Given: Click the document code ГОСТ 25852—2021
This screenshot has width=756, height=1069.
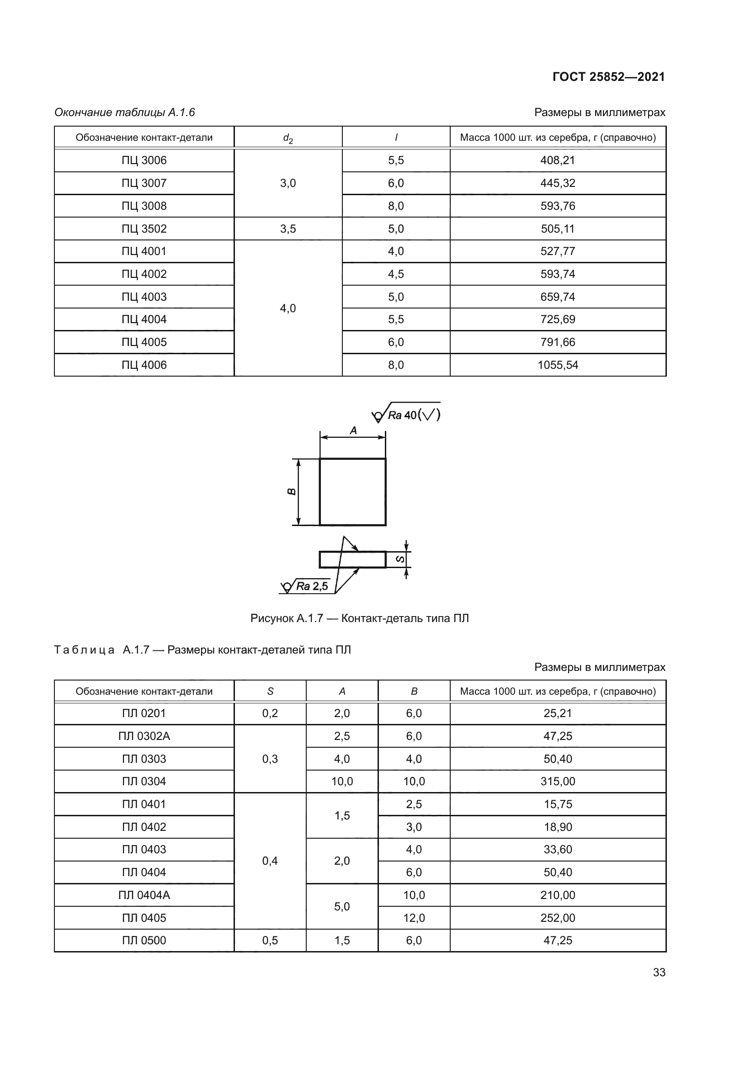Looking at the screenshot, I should point(608,77).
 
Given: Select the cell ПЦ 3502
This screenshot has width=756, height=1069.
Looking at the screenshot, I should point(144,229).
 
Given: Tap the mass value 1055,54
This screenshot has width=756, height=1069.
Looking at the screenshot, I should point(558,365).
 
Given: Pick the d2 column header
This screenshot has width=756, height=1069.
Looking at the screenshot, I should point(288,138).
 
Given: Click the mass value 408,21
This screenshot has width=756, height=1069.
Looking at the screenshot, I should point(558,160).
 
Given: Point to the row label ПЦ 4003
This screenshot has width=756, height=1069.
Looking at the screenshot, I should point(144,297).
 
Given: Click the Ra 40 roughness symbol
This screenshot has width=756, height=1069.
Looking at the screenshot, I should point(406,415).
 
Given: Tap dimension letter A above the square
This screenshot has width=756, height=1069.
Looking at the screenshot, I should point(353,431).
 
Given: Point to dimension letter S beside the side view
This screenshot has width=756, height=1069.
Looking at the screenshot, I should point(400,559).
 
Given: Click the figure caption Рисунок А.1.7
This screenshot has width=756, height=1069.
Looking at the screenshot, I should point(359,618).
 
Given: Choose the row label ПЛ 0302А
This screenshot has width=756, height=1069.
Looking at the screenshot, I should point(144,736).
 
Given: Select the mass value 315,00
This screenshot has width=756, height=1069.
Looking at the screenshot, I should point(558,781).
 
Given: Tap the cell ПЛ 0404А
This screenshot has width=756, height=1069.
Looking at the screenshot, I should point(144,895).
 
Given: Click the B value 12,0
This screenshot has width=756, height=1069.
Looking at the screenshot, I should point(414,918).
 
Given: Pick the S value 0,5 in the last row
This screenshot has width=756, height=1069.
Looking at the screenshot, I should point(270,940).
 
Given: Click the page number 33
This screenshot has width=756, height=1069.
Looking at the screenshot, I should point(659,972).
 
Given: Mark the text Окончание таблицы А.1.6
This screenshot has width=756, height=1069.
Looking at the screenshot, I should point(125,112).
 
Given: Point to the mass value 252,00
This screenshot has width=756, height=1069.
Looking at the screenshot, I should point(558,918).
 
